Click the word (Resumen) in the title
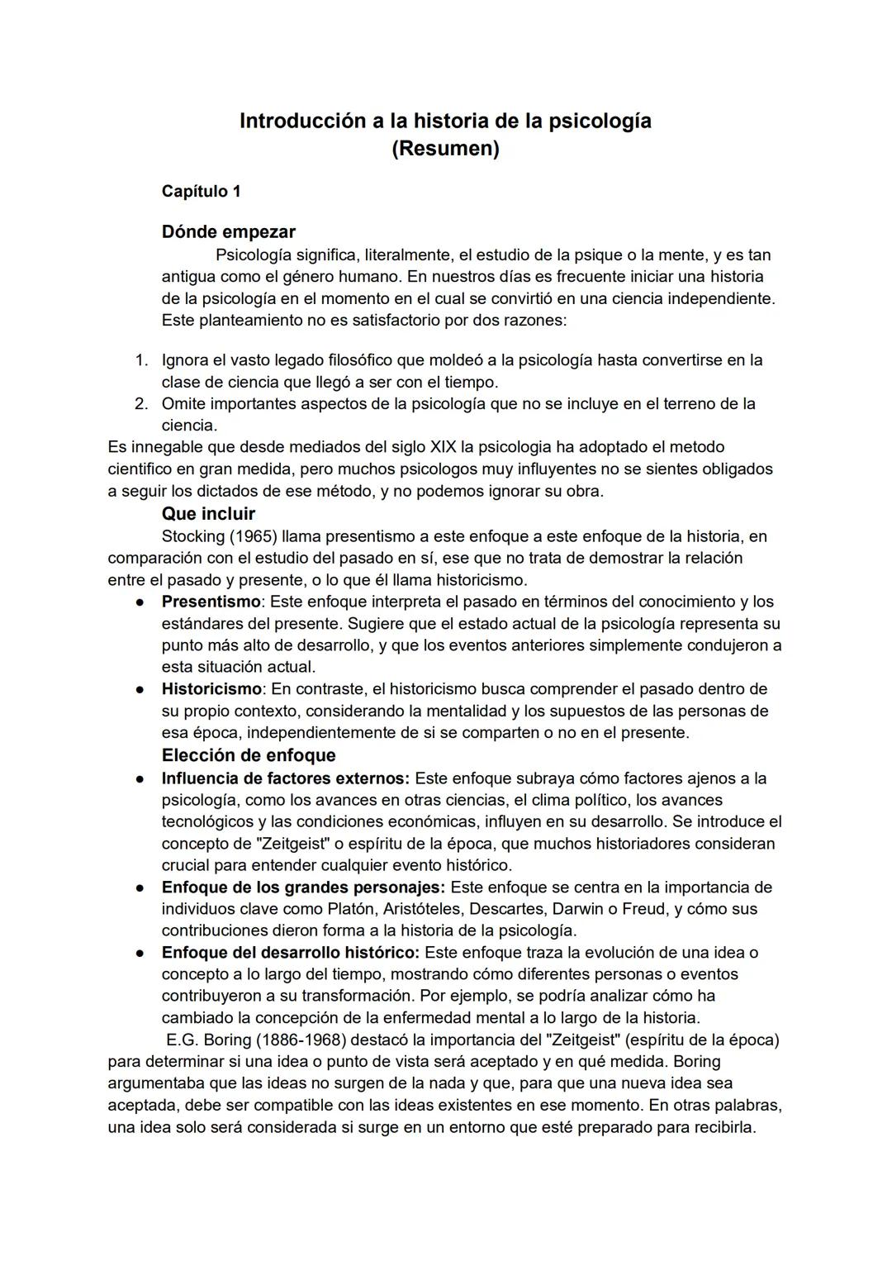(445, 149)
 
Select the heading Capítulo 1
(201, 191)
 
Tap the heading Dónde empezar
(228, 231)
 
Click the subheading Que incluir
(208, 513)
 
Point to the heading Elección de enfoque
(249, 755)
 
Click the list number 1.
(141, 360)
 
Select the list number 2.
(141, 404)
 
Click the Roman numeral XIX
(443, 447)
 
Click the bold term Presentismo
(211, 602)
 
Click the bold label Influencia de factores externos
(285, 778)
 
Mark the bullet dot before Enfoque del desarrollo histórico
(142, 953)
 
